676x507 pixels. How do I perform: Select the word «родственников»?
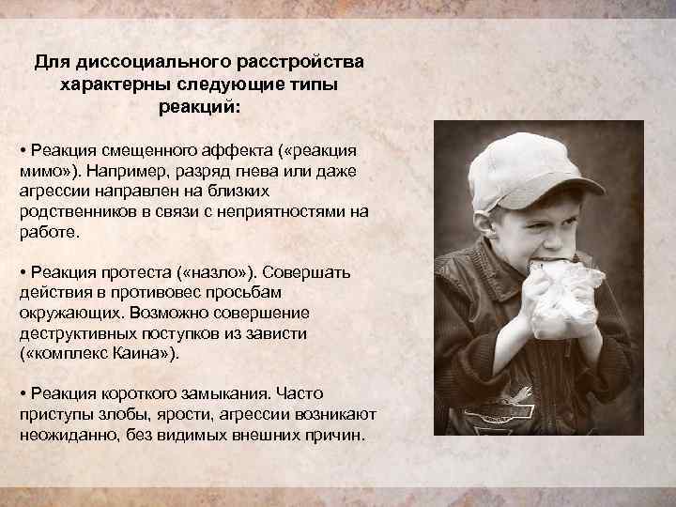tap(78, 211)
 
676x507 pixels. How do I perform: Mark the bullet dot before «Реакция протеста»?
tap(23, 272)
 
